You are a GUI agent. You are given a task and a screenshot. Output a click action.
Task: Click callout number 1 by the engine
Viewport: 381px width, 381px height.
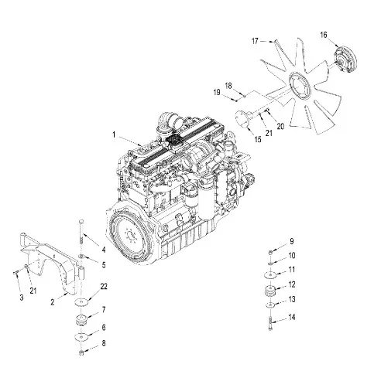[x=114, y=134]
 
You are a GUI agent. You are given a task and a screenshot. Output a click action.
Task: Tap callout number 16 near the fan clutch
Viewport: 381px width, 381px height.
[x=324, y=35]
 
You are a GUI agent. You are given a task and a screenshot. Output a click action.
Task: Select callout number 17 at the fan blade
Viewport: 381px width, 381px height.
[x=255, y=41]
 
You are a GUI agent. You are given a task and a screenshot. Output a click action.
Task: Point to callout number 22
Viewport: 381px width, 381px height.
[x=104, y=287]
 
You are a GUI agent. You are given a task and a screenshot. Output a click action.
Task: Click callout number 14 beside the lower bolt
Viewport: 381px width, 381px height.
[x=292, y=317]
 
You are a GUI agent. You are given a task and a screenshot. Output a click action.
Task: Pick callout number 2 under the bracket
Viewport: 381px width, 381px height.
[x=53, y=302]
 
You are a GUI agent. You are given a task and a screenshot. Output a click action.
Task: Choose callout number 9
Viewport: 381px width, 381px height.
[x=292, y=241]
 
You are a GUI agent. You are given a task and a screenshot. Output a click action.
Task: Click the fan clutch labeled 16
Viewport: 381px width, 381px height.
[x=345, y=60]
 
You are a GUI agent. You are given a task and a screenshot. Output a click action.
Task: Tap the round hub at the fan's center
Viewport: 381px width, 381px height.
[x=300, y=87]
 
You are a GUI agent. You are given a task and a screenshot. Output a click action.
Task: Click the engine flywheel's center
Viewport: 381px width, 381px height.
[x=130, y=235]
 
